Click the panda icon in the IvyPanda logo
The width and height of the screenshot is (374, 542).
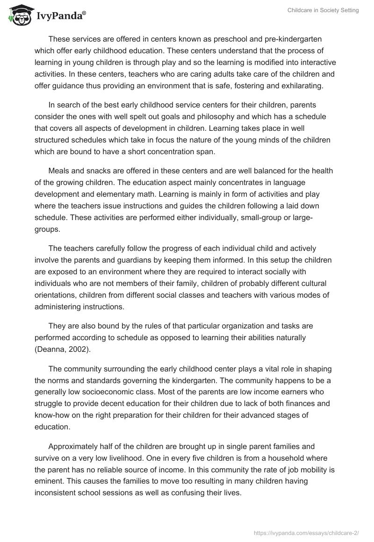tap(18, 15)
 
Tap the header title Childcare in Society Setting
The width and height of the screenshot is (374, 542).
tap(323, 10)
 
